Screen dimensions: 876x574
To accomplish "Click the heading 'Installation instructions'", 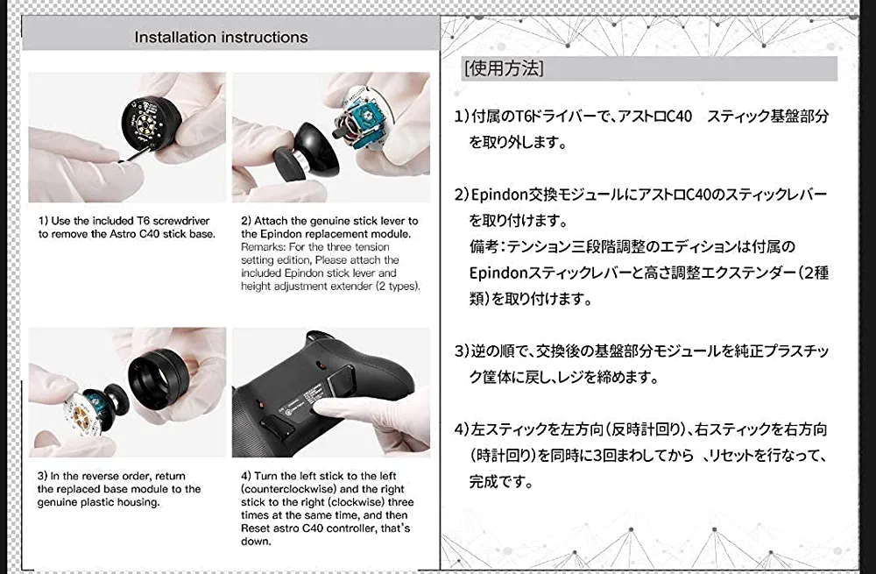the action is pyautogui.click(x=221, y=38).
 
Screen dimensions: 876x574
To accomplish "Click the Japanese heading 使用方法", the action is pyautogui.click(x=504, y=68).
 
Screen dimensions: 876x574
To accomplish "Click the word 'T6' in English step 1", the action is pyautogui.click(x=144, y=221).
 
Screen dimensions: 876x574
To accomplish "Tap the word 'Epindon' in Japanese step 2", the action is pyautogui.click(x=499, y=195).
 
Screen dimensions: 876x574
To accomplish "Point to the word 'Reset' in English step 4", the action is pyautogui.click(x=255, y=528).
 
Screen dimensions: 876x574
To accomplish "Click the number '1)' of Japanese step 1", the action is pyautogui.click(x=462, y=117).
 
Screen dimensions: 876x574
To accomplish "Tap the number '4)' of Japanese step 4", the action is pyautogui.click(x=462, y=429).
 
